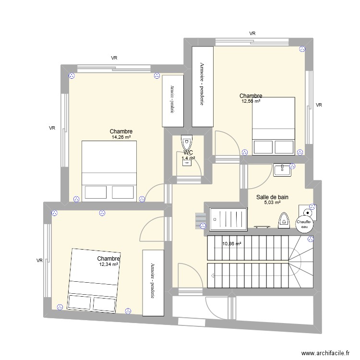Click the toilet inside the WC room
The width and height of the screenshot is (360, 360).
coord(187,143)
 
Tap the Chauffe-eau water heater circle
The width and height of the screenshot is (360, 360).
coord(304,225)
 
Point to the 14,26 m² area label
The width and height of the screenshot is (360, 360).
coord(121,137)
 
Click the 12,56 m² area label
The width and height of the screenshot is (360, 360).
coord(251,101)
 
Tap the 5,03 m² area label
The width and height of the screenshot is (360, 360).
coord(272,203)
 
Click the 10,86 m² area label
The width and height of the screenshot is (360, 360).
coord(231,244)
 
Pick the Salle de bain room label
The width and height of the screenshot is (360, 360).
coord(272,197)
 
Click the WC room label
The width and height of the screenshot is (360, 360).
coord(188,153)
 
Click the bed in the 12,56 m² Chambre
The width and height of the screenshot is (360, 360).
coord(273,126)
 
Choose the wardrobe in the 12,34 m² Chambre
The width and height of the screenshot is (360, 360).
coord(153,282)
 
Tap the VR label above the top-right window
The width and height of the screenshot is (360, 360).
coord(252,33)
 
